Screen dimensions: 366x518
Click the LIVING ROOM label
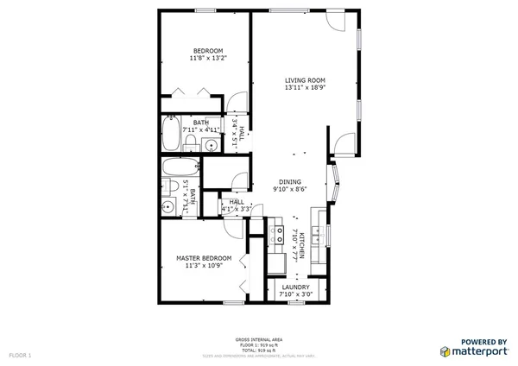point(306,80)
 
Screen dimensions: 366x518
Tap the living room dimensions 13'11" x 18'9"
point(306,88)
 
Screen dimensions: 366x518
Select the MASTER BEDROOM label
point(204,258)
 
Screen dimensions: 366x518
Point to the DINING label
point(289,181)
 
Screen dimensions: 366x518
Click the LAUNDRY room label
point(295,287)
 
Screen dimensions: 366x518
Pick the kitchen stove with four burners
point(278,232)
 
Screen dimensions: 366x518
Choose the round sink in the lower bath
point(167,207)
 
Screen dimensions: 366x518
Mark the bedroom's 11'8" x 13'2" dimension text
point(207,59)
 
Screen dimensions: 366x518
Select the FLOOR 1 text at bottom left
point(19,355)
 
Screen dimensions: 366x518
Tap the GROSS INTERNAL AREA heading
point(258,340)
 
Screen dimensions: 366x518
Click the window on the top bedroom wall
point(205,9)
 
